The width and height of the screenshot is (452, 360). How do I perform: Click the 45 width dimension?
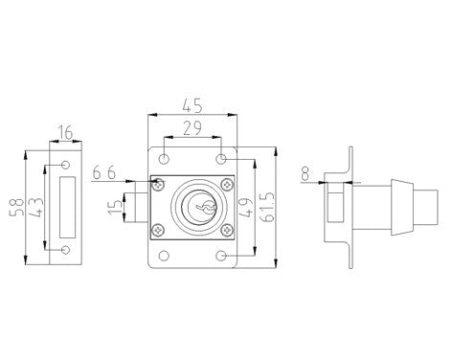tap(192, 106)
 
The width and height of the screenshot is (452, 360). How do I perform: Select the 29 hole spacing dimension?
tap(192, 128)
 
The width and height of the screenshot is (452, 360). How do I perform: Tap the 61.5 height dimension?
tap(267, 207)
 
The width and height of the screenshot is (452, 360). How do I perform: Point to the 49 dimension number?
tap(245, 208)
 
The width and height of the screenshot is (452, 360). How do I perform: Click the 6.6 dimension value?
tap(104, 173)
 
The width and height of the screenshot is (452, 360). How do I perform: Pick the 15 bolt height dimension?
tap(116, 207)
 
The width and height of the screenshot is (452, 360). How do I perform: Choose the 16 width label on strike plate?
tap(65, 132)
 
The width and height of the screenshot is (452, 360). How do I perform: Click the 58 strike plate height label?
tap(16, 208)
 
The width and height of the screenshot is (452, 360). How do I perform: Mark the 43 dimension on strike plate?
tap(35, 208)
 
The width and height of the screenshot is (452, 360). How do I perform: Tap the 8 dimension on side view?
tap(305, 173)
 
